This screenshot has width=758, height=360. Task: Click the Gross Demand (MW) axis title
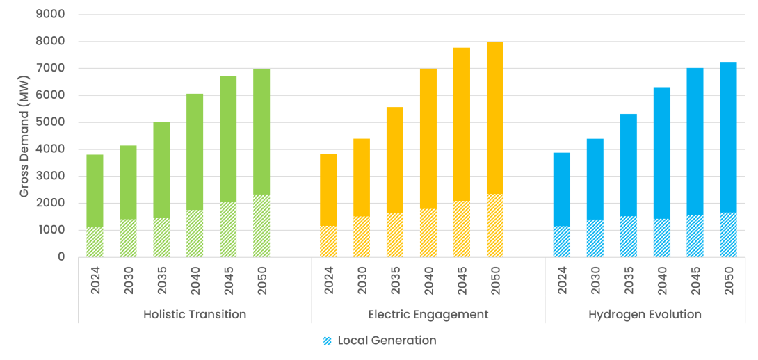(x=24, y=136)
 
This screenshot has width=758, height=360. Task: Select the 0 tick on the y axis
(x=61, y=257)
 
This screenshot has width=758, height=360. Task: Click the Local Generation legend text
(x=387, y=341)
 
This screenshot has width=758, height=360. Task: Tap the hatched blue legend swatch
(x=328, y=341)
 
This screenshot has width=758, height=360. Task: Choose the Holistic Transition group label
(x=195, y=314)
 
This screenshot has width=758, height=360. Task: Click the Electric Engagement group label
(x=428, y=314)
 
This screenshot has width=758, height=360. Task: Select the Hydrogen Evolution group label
(x=645, y=314)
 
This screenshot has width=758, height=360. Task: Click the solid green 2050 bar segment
(x=261, y=132)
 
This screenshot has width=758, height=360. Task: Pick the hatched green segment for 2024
(x=95, y=242)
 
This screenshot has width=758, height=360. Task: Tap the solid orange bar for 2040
(x=428, y=139)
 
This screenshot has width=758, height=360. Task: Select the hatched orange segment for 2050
(x=495, y=226)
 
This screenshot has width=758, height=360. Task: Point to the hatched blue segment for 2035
(x=628, y=236)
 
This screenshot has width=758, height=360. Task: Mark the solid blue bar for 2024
(x=561, y=189)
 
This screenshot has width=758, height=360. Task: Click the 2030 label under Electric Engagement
(x=362, y=280)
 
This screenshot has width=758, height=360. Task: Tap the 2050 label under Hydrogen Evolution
(x=728, y=280)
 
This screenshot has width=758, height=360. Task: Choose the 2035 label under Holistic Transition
(x=161, y=280)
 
